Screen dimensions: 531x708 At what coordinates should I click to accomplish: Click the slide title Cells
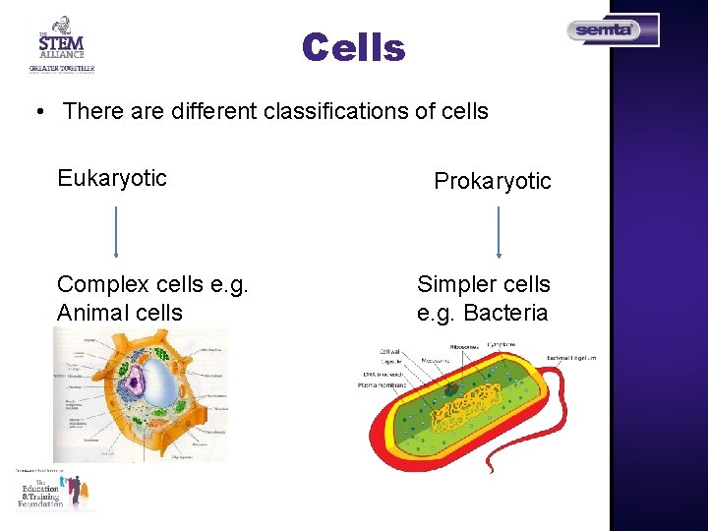click(x=353, y=47)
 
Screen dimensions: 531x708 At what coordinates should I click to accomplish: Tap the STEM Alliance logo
click(x=61, y=45)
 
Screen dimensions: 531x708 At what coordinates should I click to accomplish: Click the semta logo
click(x=611, y=30)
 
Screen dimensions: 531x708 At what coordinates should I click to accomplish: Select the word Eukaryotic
click(x=112, y=178)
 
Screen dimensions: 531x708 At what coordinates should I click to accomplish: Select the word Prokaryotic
click(x=493, y=181)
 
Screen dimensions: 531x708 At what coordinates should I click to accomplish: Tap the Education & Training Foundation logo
click(x=55, y=490)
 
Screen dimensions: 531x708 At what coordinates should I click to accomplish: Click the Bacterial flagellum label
click(x=571, y=356)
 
